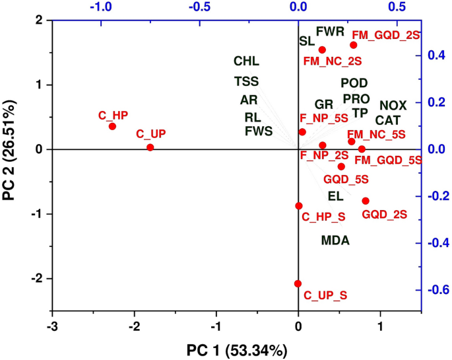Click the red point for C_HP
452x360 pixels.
tap(112, 126)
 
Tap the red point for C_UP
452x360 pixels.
tap(150, 147)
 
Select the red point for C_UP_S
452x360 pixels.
tap(298, 283)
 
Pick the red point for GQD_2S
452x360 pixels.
tap(366, 201)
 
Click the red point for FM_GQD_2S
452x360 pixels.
tap(354, 45)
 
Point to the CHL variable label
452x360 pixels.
tap(246, 62)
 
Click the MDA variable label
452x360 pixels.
tap(335, 240)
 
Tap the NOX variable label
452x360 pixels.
tap(393, 106)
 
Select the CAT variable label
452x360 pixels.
tap(389, 120)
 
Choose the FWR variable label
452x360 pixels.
tap(330, 31)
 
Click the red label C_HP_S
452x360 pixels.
tap(323, 217)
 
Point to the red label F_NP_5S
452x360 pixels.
tap(324, 119)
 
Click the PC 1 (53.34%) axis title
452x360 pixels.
tap(235, 350)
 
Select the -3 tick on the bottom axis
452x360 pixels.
tap(53, 326)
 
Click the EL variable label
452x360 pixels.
tap(335, 196)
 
